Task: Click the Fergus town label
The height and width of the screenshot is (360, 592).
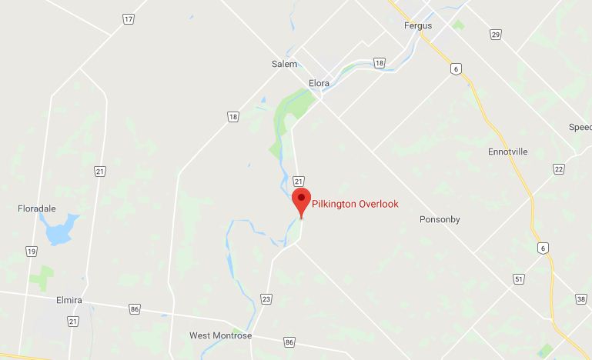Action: click(x=418, y=25)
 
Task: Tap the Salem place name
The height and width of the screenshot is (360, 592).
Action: click(x=284, y=65)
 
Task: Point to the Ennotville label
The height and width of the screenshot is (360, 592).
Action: click(x=508, y=152)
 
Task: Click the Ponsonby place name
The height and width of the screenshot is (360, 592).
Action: click(x=440, y=219)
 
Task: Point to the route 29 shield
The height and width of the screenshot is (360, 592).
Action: click(x=495, y=35)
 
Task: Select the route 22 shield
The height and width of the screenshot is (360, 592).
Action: click(x=558, y=169)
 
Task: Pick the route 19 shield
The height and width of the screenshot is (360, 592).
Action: click(x=31, y=251)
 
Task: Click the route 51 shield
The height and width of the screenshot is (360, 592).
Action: click(x=519, y=278)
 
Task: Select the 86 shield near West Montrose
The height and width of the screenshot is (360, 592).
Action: click(x=289, y=341)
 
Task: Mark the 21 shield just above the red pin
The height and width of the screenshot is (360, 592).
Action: click(x=299, y=181)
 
